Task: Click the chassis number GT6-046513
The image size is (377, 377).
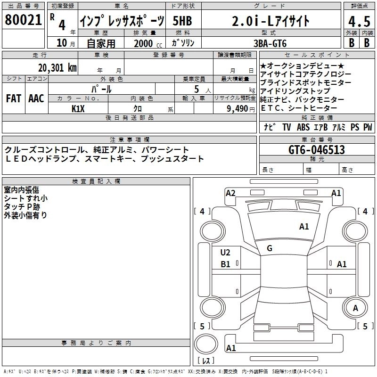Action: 317,150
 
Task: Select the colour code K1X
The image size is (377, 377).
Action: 79,108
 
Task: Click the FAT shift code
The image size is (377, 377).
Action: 14,98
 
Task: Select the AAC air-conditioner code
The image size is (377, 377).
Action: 36,98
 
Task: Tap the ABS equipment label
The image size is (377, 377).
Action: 303,127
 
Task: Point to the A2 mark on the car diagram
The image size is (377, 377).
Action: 230,193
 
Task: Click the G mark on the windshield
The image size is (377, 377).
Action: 269,248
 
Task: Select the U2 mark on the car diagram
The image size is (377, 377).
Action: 225,252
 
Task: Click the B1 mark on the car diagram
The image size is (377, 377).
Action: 225,264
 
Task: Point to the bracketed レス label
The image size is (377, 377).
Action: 206,361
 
